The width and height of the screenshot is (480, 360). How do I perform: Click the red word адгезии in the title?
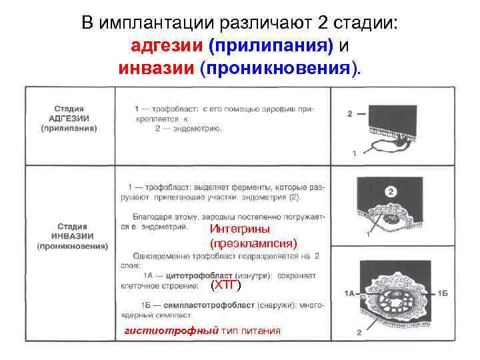pos(167,46)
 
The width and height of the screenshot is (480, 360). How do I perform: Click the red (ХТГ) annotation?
pos(225,285)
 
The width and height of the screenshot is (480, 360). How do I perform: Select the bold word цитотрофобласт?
pos(201,275)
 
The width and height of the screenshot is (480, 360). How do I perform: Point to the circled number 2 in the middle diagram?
pos(391,193)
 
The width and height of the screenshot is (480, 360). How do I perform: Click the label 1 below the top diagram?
pos(354,154)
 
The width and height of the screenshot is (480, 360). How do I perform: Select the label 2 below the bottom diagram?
pos(359,331)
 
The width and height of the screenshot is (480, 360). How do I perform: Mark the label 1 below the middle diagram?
pos(368,235)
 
